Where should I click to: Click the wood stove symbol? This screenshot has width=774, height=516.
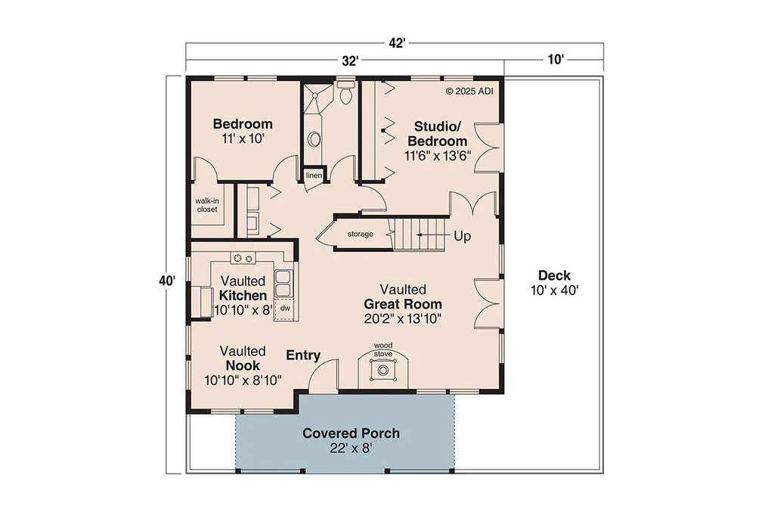[x=383, y=370]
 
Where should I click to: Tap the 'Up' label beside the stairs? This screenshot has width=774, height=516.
[x=462, y=236]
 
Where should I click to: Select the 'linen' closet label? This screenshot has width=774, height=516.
[x=314, y=176]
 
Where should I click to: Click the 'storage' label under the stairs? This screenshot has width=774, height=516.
[x=360, y=234]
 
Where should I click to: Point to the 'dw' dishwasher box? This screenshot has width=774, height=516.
[x=285, y=308]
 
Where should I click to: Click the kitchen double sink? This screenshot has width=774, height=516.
[x=284, y=284]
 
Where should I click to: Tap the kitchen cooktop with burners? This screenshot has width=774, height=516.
[x=243, y=259]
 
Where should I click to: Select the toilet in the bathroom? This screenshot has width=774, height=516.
[x=346, y=95]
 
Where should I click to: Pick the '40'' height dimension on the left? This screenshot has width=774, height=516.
[x=167, y=280]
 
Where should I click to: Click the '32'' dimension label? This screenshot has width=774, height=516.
[x=348, y=61]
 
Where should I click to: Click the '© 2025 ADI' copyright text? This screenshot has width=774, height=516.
[x=470, y=91]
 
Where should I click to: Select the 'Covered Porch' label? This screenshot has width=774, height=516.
[x=351, y=434]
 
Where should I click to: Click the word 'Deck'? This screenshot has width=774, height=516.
[x=554, y=275]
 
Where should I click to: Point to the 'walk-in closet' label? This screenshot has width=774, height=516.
[x=206, y=205]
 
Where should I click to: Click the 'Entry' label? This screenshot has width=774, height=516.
[x=303, y=356]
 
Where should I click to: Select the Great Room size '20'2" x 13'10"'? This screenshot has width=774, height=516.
[x=403, y=318]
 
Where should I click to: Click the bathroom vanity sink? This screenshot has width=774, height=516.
[x=313, y=139]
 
